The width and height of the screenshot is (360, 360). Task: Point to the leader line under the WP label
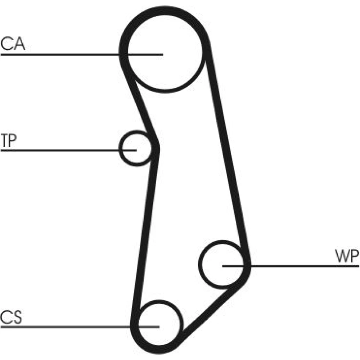pyautogui.click(x=306, y=266)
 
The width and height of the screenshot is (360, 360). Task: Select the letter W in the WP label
pyautogui.click(x=342, y=257)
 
